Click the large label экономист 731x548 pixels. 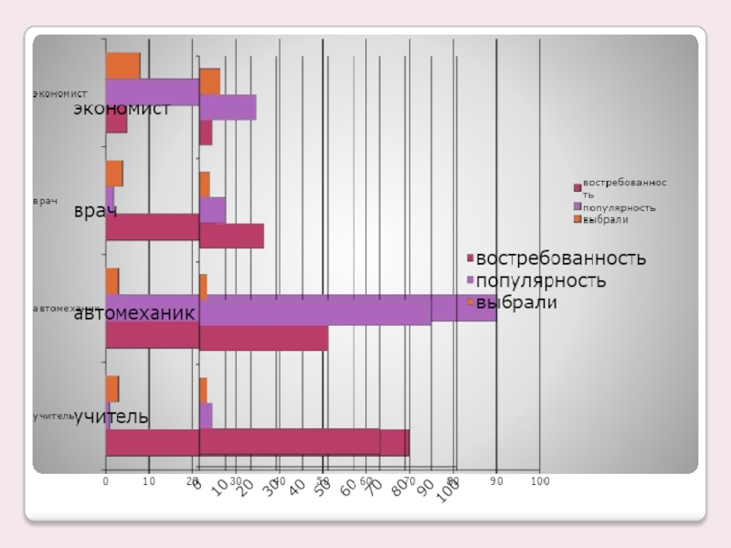pos(122,109)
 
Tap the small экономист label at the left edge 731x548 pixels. pos(59,93)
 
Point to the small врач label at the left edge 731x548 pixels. pos(45,200)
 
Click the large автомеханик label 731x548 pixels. pos(134,313)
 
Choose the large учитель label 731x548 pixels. pos(111,416)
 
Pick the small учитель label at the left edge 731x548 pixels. pos(52,416)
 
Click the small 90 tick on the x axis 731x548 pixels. pos(496,480)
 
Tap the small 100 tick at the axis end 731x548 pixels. pos(540,480)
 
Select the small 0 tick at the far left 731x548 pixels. pos(106,480)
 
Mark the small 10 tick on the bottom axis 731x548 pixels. pos(148,480)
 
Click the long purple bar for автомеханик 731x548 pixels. pos(347,309)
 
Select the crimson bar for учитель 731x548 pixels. pos(302,443)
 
